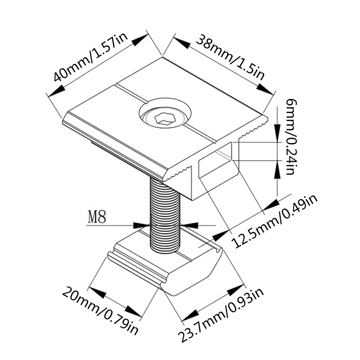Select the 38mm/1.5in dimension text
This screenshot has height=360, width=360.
point(230,57)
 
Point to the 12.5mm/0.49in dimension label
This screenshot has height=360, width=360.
point(275,221)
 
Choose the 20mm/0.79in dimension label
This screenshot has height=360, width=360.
point(100,310)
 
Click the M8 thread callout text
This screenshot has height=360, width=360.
point(97,216)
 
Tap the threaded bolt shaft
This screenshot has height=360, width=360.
point(165,216)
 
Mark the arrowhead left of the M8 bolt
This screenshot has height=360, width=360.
point(141,225)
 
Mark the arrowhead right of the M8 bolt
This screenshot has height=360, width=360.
point(189,225)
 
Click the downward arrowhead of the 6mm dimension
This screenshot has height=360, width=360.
point(278,132)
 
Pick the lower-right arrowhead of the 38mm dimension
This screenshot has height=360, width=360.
point(265,89)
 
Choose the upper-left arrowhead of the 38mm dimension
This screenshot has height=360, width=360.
point(182,43)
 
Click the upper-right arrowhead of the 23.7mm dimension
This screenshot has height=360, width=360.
point(235,290)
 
